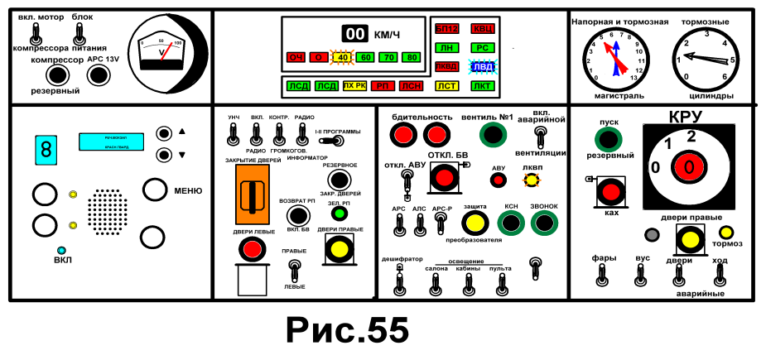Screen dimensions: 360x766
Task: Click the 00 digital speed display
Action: click(x=354, y=34)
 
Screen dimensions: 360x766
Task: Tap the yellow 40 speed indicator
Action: click(x=342, y=57)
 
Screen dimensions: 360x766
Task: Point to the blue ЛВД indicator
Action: click(x=482, y=66)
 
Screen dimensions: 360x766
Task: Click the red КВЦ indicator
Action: click(x=482, y=29)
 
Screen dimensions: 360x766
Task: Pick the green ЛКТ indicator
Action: click(x=482, y=85)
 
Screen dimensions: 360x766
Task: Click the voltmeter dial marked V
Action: click(x=166, y=51)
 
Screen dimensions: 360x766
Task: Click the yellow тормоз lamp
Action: click(x=725, y=233)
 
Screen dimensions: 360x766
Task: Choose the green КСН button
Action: click(x=511, y=223)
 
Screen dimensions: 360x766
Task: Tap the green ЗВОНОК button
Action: click(x=544, y=223)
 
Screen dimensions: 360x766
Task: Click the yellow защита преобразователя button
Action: click(x=475, y=223)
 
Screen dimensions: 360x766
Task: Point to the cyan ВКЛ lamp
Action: click(x=61, y=250)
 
